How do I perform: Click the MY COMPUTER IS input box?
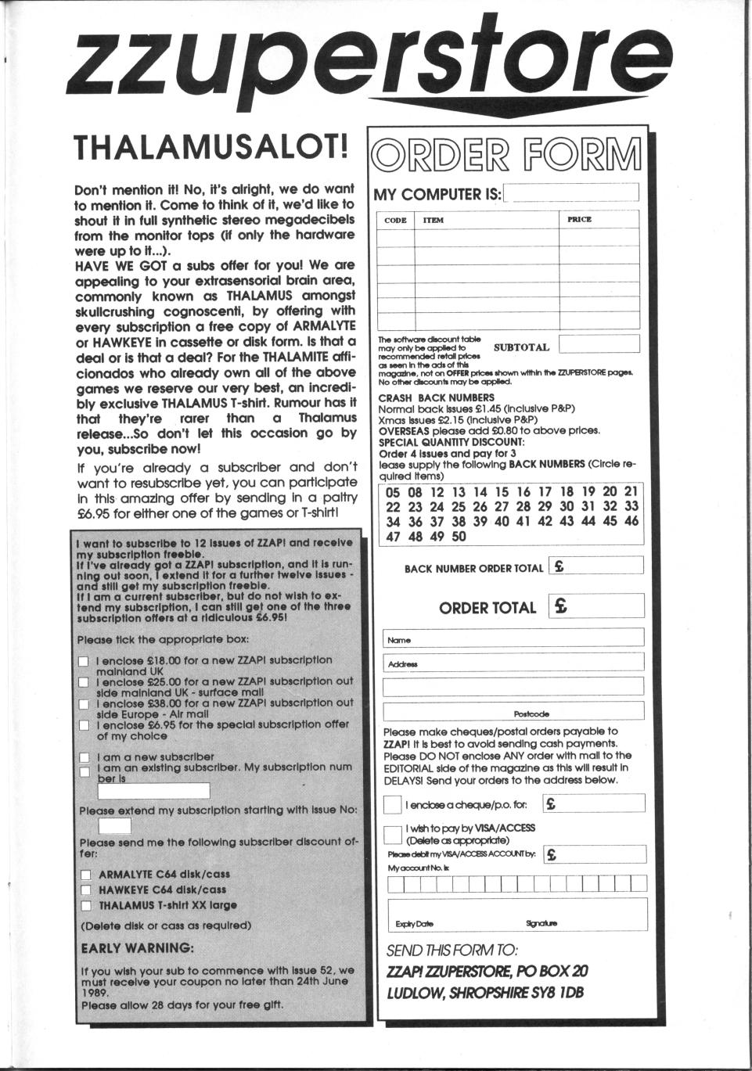571,192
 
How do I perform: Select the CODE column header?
395,220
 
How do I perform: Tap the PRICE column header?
579,220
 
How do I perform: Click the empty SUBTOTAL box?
599,344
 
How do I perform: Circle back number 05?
393,492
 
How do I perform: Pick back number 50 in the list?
459,537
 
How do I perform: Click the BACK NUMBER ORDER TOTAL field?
596,566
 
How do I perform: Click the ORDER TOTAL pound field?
596,606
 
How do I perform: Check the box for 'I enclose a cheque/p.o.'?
393,804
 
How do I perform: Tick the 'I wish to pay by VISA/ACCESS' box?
393,833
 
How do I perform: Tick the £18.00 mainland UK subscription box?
84,661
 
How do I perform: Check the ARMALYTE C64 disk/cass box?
86,875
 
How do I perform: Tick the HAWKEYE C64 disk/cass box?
86,890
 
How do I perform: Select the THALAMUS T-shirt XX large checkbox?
86,906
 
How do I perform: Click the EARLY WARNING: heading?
137,948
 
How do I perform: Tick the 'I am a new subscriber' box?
84,757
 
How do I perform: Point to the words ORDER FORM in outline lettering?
507,156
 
